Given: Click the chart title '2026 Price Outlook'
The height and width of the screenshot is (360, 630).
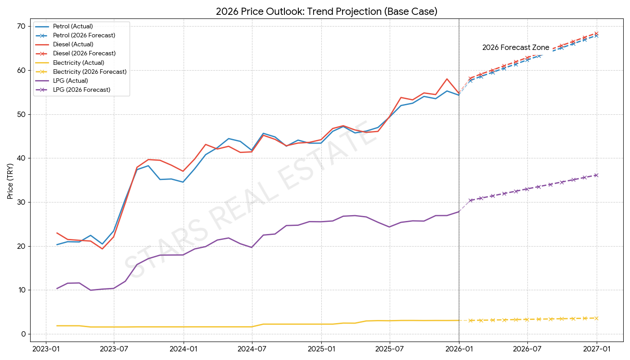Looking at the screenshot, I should (x=326, y=12).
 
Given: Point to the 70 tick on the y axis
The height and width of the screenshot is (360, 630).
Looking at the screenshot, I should (x=21, y=27).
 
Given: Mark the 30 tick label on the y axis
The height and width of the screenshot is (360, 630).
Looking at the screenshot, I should (x=21, y=202).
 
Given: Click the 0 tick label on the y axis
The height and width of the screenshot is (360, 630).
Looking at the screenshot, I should (x=22, y=334).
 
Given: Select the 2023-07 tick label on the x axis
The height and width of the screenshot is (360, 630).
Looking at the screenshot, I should (x=114, y=349).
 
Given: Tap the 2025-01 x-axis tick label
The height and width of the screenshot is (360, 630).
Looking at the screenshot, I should (x=321, y=349).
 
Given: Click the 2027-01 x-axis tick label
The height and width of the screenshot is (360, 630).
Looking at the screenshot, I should (x=597, y=349).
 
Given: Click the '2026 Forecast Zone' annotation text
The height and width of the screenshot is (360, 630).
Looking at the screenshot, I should (x=516, y=48).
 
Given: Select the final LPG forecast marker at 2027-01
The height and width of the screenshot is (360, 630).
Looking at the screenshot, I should (x=597, y=175).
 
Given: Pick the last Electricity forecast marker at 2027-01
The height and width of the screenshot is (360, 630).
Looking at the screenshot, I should (x=597, y=318).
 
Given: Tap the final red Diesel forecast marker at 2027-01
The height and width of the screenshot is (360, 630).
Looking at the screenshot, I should (x=597, y=33).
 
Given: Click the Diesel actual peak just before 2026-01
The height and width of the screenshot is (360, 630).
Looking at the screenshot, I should (x=447, y=79).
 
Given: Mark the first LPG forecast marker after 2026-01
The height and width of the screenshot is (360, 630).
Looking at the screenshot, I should (x=471, y=200).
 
